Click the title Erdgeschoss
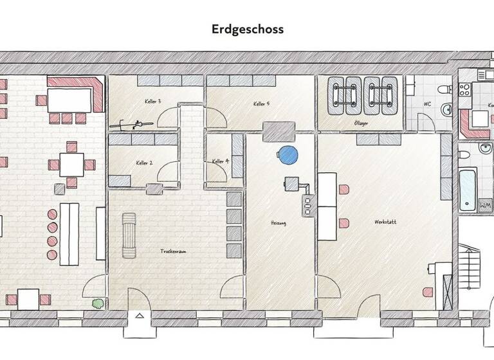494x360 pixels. point(247,30)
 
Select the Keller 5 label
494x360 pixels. point(261,104)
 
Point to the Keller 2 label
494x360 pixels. point(144,163)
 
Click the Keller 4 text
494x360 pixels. point(221,161)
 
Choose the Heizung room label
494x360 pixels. point(278,223)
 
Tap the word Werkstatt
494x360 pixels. point(385,222)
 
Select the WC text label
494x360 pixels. point(427,104)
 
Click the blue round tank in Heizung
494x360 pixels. point(288,154)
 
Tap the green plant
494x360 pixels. point(97,302)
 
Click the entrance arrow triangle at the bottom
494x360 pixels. point(140,316)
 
